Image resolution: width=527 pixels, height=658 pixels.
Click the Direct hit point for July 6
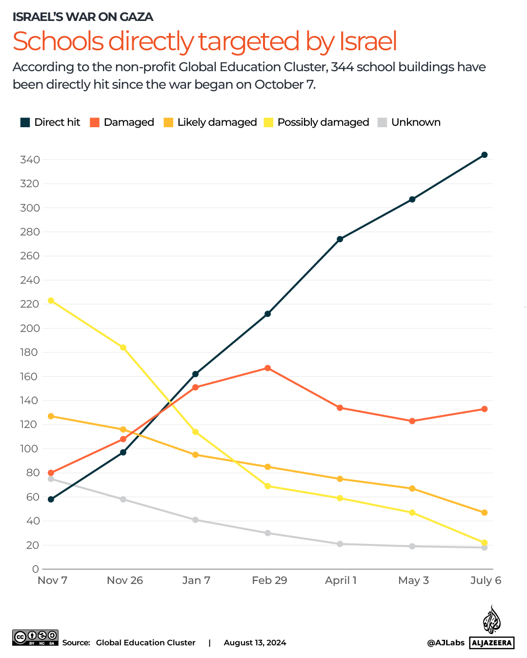pyautogui.click(x=485, y=155)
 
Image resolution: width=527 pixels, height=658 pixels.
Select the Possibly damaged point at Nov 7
pyautogui.click(x=51, y=301)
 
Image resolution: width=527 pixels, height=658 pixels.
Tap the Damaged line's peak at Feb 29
pyautogui.click(x=268, y=368)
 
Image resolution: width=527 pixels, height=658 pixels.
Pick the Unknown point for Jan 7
pyautogui.click(x=196, y=520)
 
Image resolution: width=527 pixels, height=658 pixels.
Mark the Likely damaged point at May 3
pyautogui.click(x=412, y=488)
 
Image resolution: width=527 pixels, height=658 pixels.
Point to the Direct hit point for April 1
pyautogui.click(x=340, y=239)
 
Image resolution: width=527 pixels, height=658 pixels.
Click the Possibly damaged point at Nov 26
pyautogui.click(x=123, y=348)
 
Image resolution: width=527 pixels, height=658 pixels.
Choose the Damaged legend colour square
pyautogui.click(x=95, y=122)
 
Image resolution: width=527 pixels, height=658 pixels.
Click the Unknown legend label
pyautogui.click(x=416, y=122)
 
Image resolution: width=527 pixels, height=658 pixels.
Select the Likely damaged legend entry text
pyautogui.click(x=217, y=122)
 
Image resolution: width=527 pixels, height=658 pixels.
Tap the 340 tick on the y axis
pyautogui.click(x=30, y=160)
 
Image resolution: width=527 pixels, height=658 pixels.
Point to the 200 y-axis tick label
pyautogui.click(x=30, y=328)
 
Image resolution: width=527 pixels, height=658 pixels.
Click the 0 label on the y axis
pyautogui.click(x=35, y=569)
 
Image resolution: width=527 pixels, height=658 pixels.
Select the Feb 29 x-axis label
pyautogui.click(x=269, y=581)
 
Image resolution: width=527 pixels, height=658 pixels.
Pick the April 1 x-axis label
pyautogui.click(x=341, y=581)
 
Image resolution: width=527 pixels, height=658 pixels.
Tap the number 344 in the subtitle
pyautogui.click(x=342, y=67)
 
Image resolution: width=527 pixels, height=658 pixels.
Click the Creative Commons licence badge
pyautogui.click(x=36, y=638)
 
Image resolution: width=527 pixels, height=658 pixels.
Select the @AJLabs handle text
pyautogui.click(x=446, y=643)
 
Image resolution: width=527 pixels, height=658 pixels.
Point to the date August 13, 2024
pyautogui.click(x=255, y=643)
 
